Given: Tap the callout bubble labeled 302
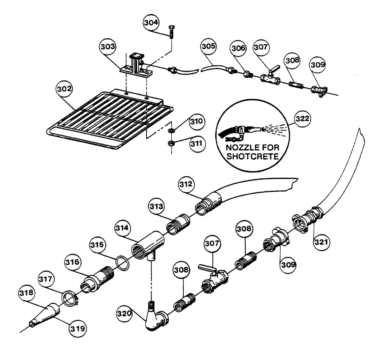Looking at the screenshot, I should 65,89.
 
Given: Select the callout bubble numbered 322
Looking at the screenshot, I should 302,119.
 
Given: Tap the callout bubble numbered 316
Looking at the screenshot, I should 73,263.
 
